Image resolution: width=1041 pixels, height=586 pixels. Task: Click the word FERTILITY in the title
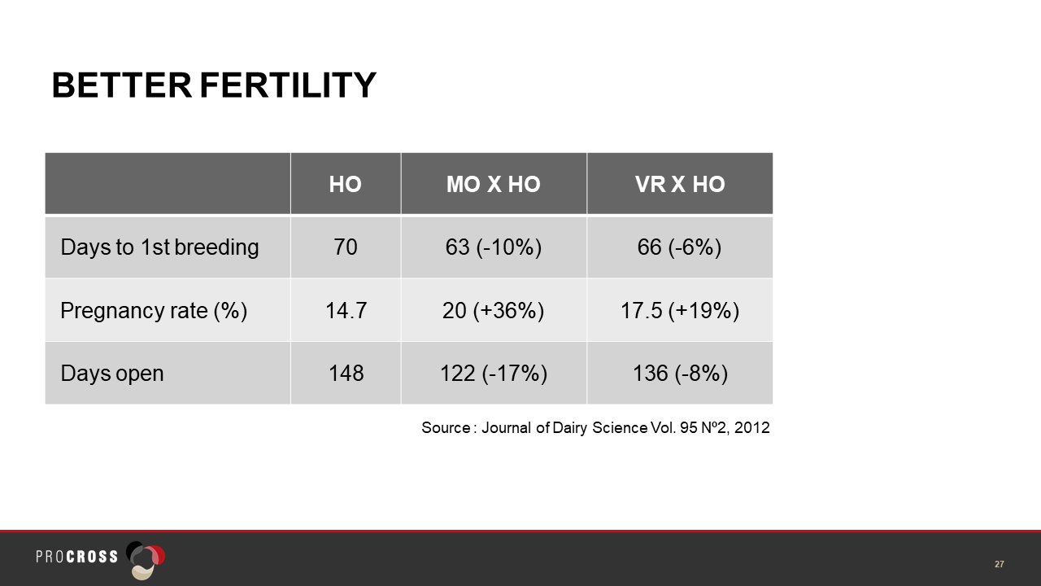tap(288, 85)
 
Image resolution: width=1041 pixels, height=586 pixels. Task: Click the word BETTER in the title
tap(122, 85)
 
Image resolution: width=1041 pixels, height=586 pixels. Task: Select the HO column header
tap(346, 184)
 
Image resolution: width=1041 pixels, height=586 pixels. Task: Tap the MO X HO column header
tap(494, 184)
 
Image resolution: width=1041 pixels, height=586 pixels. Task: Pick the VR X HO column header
tap(680, 184)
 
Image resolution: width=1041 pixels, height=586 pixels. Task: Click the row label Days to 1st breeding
tap(159, 247)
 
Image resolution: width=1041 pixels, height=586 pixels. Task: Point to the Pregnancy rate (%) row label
tap(154, 310)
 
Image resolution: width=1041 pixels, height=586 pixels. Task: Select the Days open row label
tap(112, 373)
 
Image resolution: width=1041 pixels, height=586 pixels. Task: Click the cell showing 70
tap(346, 247)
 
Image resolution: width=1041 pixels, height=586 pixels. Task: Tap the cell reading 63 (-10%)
tap(494, 247)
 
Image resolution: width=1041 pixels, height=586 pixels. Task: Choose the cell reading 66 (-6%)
tap(679, 247)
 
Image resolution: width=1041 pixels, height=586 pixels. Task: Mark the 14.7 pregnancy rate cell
tap(346, 310)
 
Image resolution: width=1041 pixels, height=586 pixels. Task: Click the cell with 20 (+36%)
tap(493, 310)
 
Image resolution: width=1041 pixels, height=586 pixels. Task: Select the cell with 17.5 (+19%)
tap(680, 310)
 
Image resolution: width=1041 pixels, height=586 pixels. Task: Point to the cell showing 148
tap(346, 373)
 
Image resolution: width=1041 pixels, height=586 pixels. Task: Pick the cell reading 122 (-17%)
tap(494, 373)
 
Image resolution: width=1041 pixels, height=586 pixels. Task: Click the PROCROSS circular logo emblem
tap(146, 560)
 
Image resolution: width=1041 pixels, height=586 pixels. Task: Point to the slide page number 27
tap(1000, 564)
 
